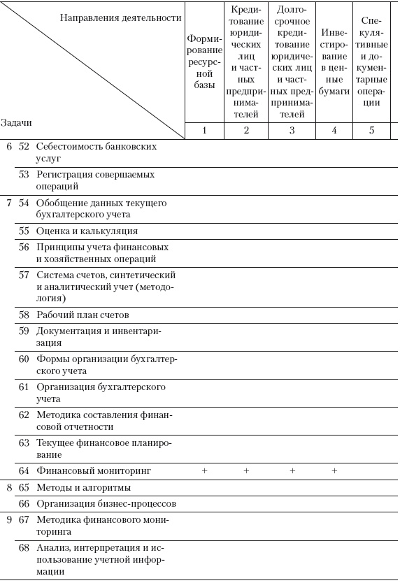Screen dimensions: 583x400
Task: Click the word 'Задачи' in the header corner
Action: [x=16, y=122]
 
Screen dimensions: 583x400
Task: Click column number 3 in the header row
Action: [x=292, y=130]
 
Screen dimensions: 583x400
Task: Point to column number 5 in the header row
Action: [x=371, y=130]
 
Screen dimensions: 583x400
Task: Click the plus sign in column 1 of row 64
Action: [x=205, y=471]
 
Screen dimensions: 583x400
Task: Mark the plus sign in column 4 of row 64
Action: [x=334, y=471]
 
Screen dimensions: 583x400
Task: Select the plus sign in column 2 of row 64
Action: [x=246, y=471]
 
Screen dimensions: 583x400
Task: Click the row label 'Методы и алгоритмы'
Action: [x=83, y=487]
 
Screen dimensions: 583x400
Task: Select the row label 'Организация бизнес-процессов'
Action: [x=106, y=503]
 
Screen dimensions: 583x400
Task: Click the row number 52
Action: [x=24, y=147]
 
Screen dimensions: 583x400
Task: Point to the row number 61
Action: [x=24, y=387]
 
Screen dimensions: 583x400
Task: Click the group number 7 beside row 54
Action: [x=8, y=203]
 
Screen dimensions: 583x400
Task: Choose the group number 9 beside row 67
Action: [x=8, y=519]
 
